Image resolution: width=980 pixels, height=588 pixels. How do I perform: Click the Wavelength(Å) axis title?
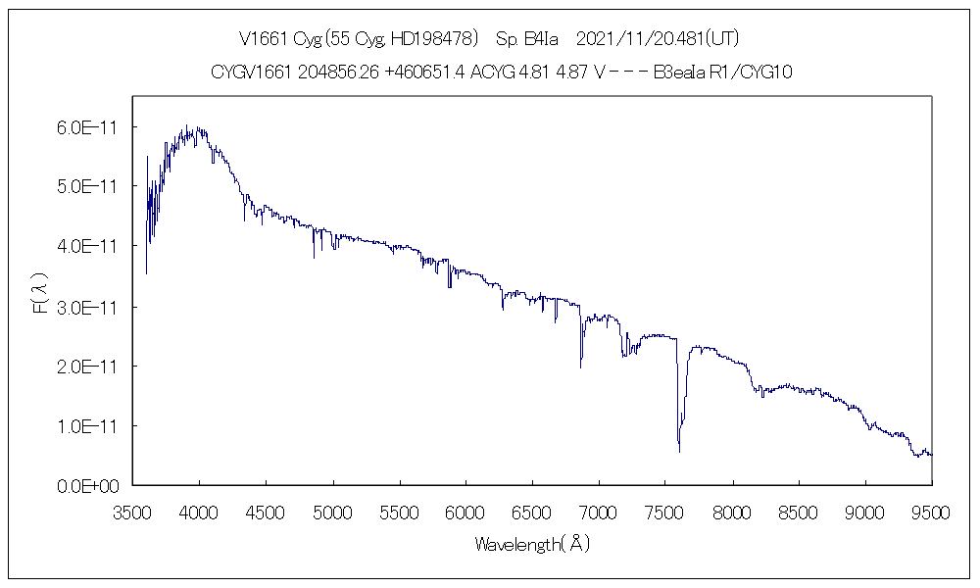532,543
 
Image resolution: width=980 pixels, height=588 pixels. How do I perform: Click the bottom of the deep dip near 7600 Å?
679,451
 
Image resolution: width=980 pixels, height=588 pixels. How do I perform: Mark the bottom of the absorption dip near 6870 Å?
581,367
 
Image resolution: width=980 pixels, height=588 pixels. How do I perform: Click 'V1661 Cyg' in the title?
276,39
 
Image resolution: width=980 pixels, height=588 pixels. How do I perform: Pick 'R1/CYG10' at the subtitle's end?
751,73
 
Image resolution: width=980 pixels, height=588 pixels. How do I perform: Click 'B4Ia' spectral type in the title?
543,39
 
